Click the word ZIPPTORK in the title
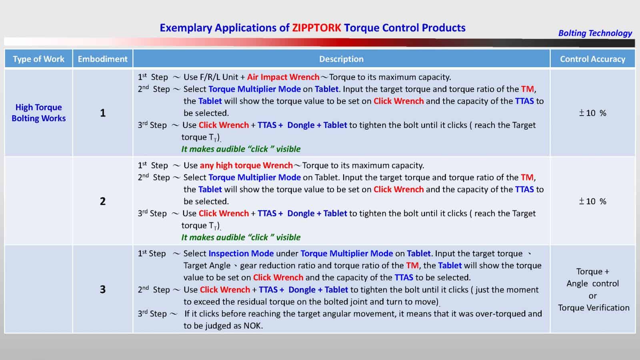[316, 28]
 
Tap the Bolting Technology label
[595, 33]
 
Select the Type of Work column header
[38, 59]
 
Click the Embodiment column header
[102, 59]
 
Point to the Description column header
[341, 59]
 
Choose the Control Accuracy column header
[592, 59]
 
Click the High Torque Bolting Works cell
[38, 113]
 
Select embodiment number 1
[102, 113]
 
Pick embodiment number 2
[102, 201]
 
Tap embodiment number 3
[102, 289]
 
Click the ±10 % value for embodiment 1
[592, 113]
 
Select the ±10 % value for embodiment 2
[592, 201]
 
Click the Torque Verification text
[594, 308]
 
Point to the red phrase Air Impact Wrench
[283, 77]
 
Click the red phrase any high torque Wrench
[246, 165]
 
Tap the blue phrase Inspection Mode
[241, 253]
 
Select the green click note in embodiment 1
[241, 149]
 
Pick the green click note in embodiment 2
[241, 237]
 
